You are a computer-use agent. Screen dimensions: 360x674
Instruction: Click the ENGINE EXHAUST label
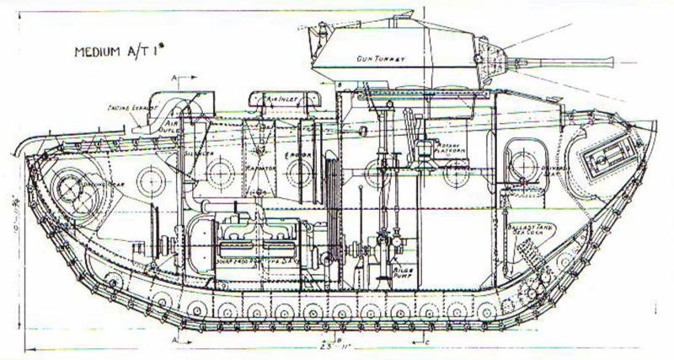pyautogui.click(x=128, y=109)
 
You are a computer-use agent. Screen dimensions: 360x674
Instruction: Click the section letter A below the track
pyautogui.click(x=174, y=338)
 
